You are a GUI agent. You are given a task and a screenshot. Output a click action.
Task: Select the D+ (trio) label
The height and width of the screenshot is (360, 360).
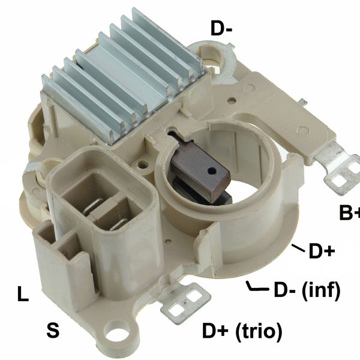tap(242, 331)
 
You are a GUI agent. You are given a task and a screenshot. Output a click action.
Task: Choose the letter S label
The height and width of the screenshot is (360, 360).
tap(53, 330)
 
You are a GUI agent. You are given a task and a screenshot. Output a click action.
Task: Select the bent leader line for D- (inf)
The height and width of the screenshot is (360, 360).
tap(257, 289)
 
